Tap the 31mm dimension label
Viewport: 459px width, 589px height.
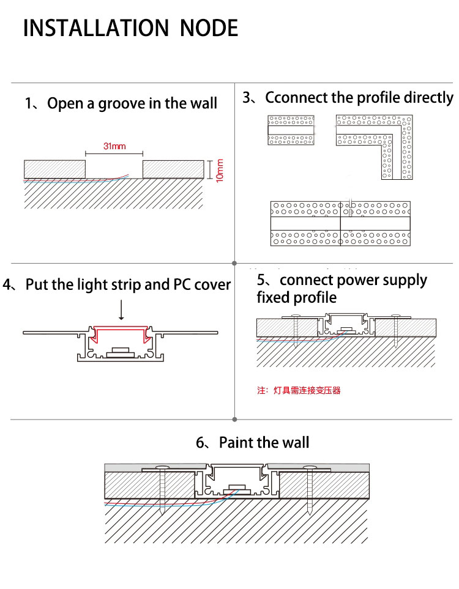[x=114, y=147]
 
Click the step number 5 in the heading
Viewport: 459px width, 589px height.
[x=262, y=281]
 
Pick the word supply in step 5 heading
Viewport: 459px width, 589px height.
[x=404, y=281]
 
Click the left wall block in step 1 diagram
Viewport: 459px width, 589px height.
[x=54, y=169]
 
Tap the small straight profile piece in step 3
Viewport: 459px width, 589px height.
[x=291, y=130]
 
